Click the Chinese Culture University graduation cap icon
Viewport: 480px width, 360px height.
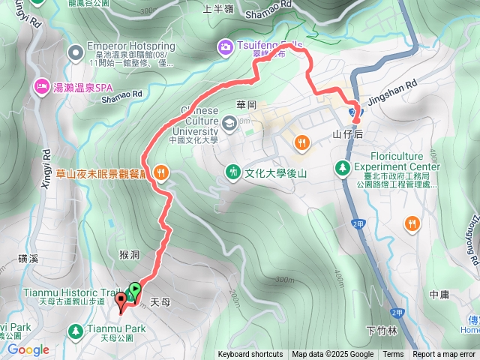[227, 121]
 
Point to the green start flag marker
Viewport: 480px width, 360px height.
[134, 288]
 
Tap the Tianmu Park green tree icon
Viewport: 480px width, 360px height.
[75, 330]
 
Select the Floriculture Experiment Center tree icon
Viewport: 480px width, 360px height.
[343, 167]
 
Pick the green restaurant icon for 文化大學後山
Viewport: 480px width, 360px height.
[233, 172]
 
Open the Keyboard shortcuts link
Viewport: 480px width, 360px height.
[250, 355]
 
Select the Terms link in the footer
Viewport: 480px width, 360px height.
[393, 355]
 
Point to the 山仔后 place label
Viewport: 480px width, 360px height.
[347, 134]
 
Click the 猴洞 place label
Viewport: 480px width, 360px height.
[129, 255]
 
